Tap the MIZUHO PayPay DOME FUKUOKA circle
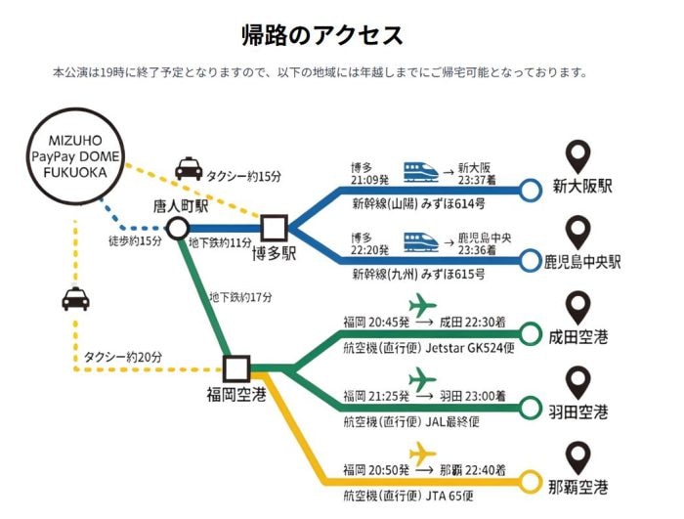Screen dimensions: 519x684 tap(69, 157)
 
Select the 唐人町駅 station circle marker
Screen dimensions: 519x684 tap(177, 228)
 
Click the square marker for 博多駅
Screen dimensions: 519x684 tap(272, 228)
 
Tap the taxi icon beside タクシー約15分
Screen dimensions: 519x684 tap(189, 170)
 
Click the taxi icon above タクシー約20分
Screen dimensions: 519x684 tap(75, 299)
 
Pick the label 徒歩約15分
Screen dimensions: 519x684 tap(135, 241)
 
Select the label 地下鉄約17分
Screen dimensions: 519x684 tap(240, 296)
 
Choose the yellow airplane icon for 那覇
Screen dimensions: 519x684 tap(422, 454)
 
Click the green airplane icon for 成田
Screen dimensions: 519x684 tap(422, 304)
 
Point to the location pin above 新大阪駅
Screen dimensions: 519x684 tap(579, 156)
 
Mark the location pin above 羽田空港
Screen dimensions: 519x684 tap(579, 379)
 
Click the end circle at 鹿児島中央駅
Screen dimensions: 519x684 tap(531, 261)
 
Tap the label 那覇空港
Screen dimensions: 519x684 tap(579, 486)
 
